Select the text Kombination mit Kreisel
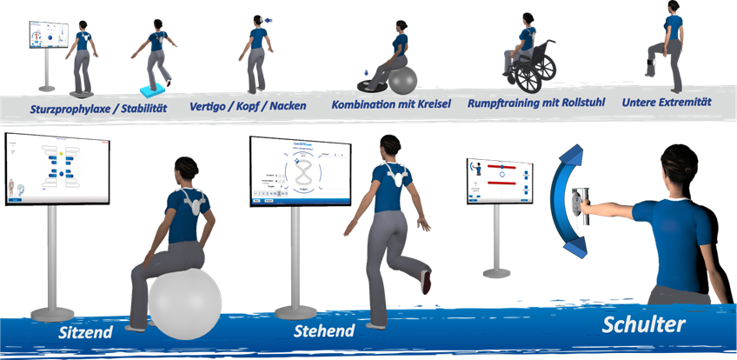pos(388,104)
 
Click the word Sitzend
pos(85,332)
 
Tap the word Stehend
pos(323,331)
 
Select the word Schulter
pos(644,324)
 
